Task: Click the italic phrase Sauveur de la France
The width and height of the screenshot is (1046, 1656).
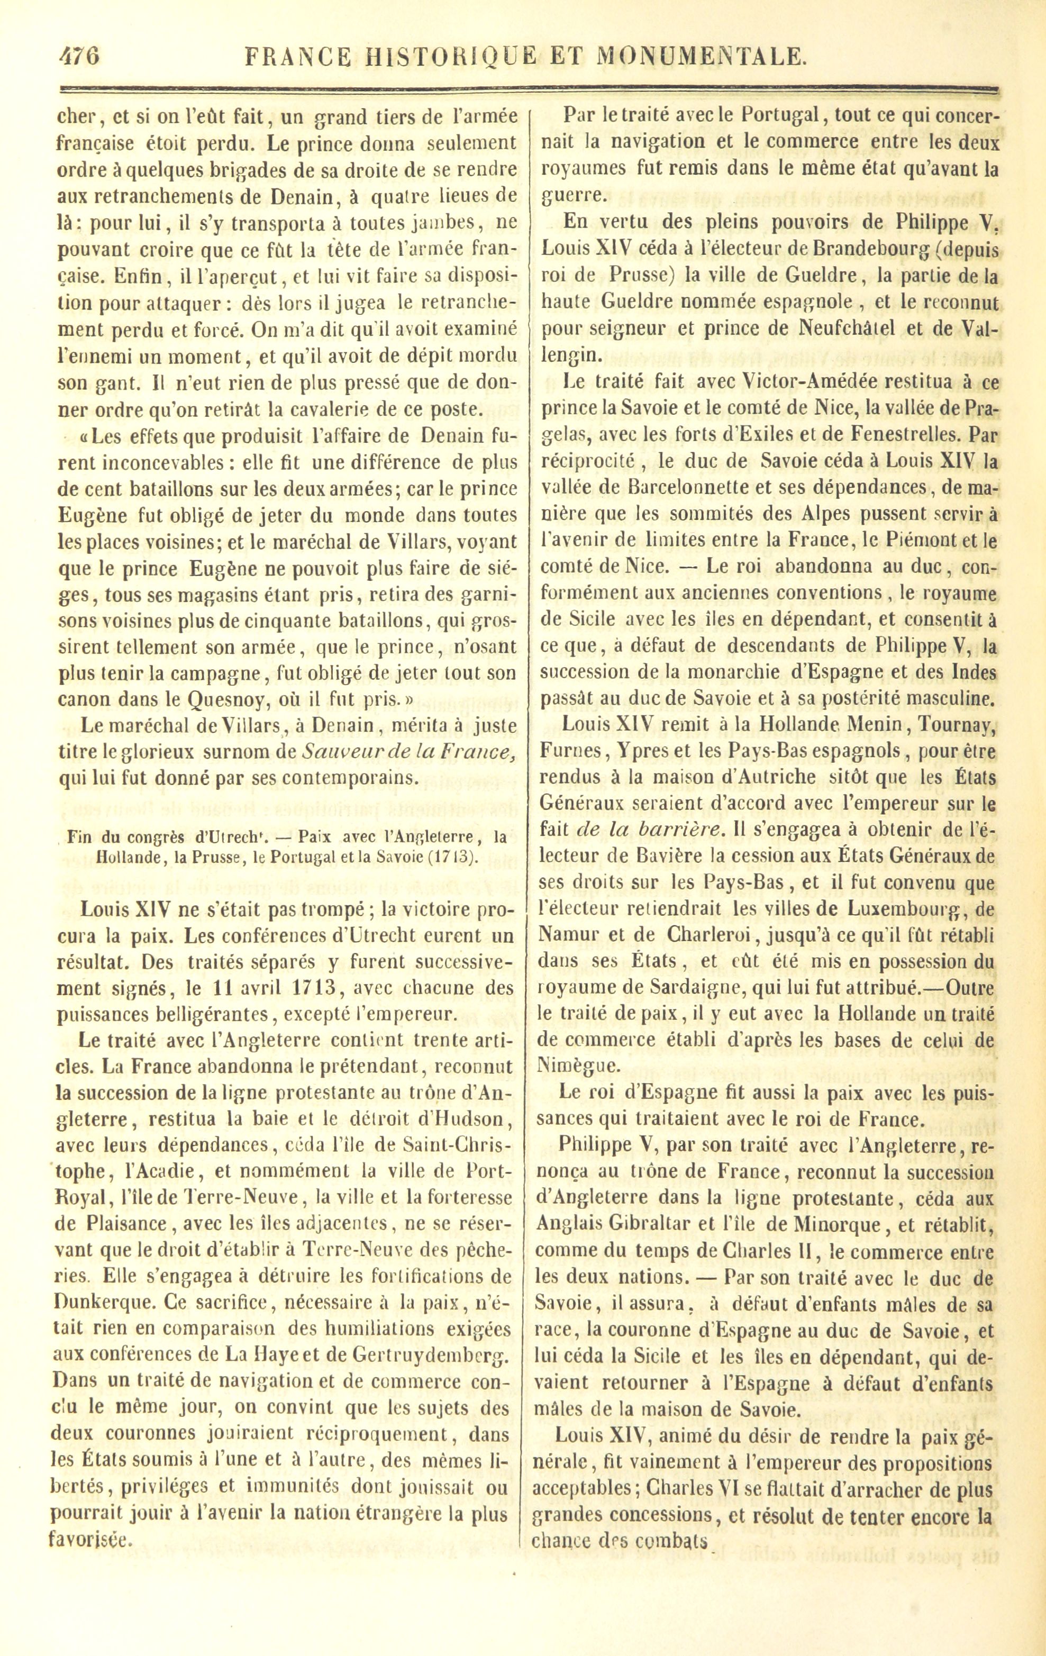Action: (x=408, y=752)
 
